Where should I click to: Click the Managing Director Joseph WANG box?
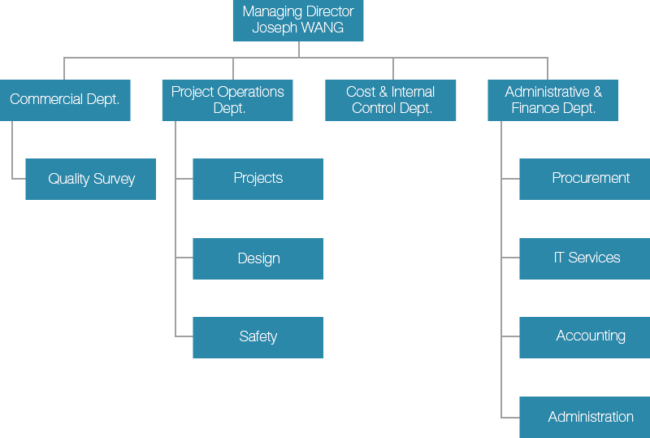pos(298,20)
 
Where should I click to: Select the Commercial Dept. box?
pos(65,100)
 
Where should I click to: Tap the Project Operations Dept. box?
pos(227,100)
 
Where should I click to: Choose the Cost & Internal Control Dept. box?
pos(391,100)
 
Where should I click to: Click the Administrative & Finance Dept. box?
pos(553,100)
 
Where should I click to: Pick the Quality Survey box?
pos(91,179)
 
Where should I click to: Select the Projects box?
pos(258,179)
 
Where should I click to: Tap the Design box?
pos(258,258)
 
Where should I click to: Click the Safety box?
pos(258,337)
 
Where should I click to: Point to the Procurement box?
pos(585,179)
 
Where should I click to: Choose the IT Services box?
pos(585,258)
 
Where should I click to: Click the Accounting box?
pos(585,337)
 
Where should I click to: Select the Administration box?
pos(585,417)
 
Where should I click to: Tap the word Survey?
pos(115,179)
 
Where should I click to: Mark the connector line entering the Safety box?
pos(184,336)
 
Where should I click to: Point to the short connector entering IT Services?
pos(511,258)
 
